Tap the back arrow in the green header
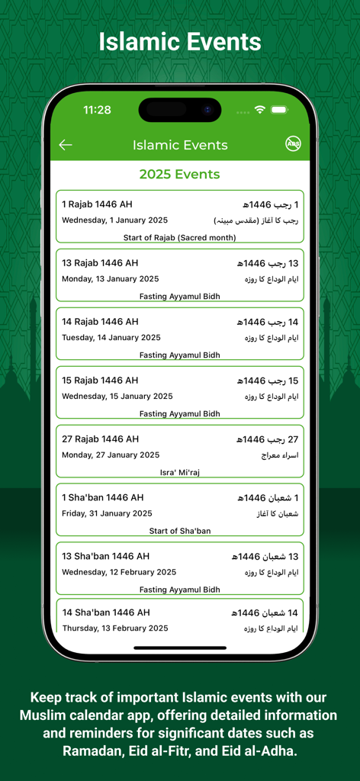[66, 145]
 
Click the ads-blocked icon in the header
[293, 144]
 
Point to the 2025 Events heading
[179, 174]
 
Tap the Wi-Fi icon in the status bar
[260, 110]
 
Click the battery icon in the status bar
[279, 110]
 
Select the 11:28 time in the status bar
[97, 110]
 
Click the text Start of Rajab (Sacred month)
[179, 238]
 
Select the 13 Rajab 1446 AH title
[100, 263]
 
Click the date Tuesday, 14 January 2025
[111, 337]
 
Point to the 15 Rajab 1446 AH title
[100, 381]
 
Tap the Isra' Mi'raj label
[179, 473]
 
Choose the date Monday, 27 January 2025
[111, 455]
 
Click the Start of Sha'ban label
[179, 531]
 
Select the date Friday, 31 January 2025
[107, 513]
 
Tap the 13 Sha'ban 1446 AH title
[105, 556]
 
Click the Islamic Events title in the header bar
[180, 145]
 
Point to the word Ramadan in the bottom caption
[99, 750]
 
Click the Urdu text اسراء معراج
[279, 455]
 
